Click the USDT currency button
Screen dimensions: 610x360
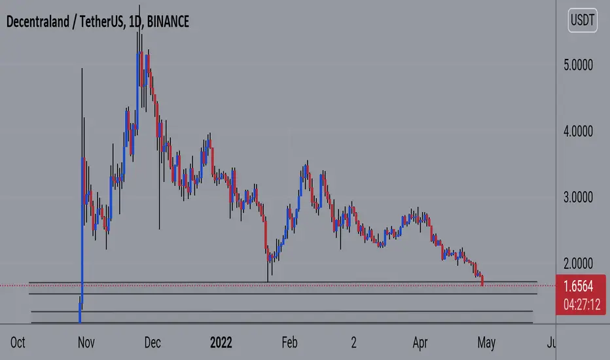click(583, 20)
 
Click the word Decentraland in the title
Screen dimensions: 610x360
click(38, 22)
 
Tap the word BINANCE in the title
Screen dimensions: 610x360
click(168, 22)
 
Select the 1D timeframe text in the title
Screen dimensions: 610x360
click(135, 22)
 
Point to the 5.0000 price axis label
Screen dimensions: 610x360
click(578, 65)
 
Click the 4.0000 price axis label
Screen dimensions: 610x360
click(578, 132)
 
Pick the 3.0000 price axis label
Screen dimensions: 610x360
click(578, 197)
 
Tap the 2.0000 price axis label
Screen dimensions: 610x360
click(578, 264)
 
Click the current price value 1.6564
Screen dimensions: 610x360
click(579, 287)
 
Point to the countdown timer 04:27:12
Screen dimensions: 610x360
click(582, 304)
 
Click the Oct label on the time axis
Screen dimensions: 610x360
click(18, 342)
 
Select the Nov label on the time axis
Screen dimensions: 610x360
click(86, 342)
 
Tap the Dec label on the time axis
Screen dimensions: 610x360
click(152, 342)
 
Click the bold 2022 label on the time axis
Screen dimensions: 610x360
click(221, 342)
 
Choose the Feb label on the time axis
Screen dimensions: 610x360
click(289, 342)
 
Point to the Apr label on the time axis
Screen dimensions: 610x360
click(420, 342)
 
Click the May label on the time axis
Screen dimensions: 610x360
click(486, 343)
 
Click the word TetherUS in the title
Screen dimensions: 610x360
click(102, 22)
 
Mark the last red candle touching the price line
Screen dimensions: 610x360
click(482, 280)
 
